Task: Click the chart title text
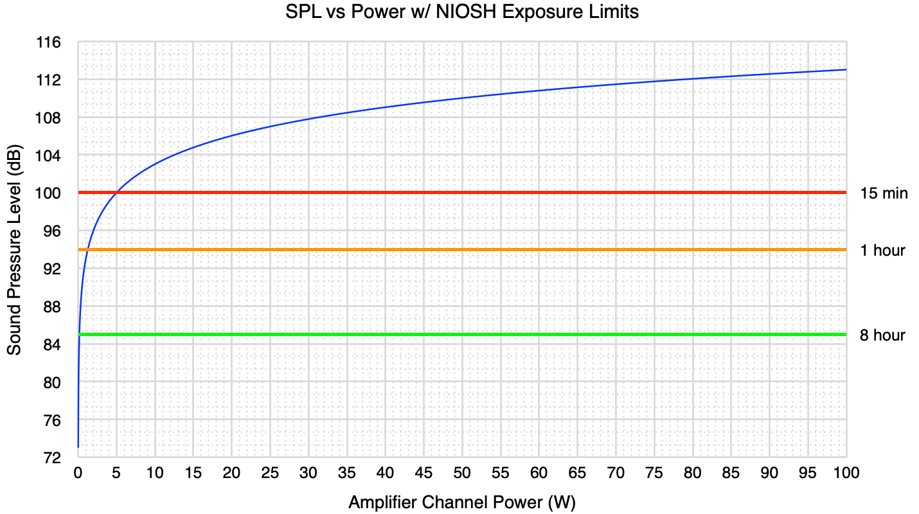tap(462, 12)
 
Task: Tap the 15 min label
tap(884, 193)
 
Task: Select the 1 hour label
tap(882, 250)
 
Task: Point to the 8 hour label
tap(882, 335)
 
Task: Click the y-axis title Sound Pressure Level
tap(14, 250)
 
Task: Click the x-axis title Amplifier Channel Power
tap(462, 502)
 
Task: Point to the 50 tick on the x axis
tap(462, 473)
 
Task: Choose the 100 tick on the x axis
tap(846, 473)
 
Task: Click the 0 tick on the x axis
tap(78, 473)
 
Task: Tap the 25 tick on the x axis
tap(270, 473)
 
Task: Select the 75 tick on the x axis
tap(654, 473)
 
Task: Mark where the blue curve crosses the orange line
tap(88, 250)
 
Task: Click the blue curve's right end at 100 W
tap(846, 69)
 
